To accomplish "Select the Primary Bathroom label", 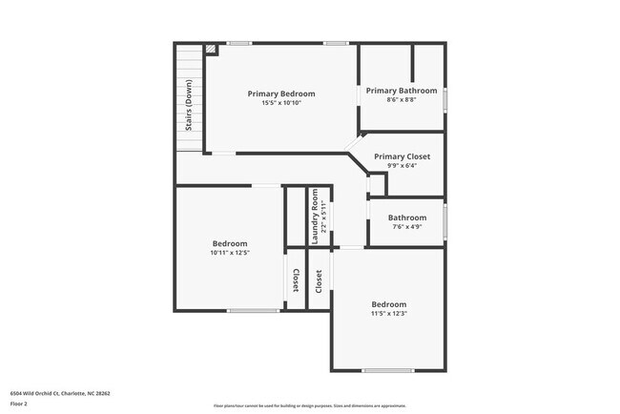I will (402, 91).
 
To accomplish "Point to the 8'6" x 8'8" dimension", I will (402, 100).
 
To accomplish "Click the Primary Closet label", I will (402, 156).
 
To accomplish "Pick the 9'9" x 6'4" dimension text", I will (402, 166).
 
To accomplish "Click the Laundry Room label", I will (314, 216).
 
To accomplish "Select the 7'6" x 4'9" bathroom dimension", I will (407, 227).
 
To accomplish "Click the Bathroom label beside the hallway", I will (407, 217).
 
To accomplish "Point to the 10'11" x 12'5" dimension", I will (229, 253).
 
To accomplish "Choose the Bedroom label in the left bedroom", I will (229, 243).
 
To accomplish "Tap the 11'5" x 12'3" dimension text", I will (388, 314).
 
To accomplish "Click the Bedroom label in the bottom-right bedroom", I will (388, 304).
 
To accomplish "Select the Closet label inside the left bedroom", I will (296, 279).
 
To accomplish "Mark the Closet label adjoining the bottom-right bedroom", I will (319, 279).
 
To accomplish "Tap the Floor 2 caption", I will (19, 404).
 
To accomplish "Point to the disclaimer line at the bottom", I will (309, 405).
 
